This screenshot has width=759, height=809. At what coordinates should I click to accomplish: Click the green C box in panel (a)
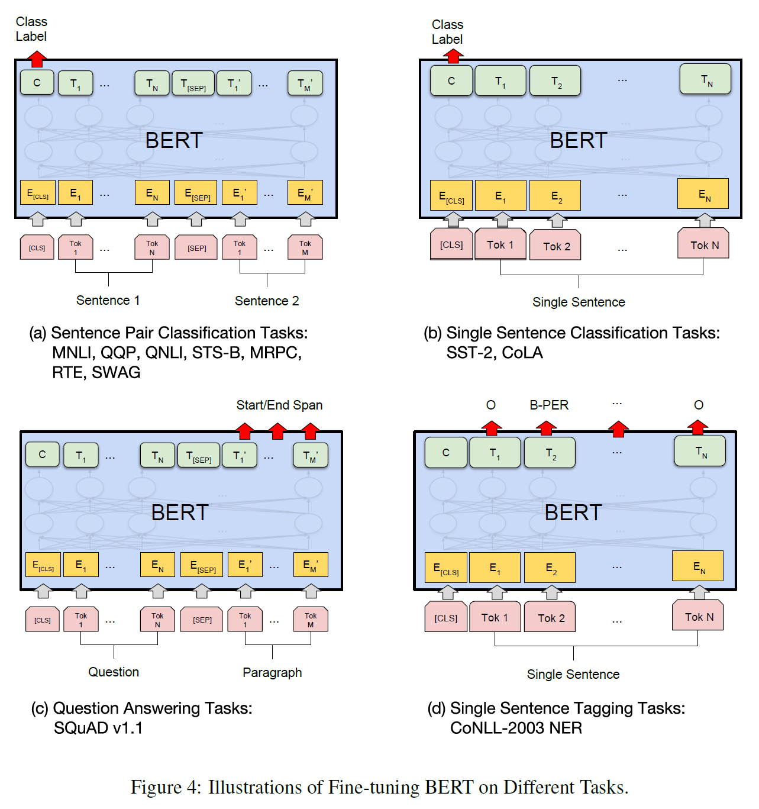pyautogui.click(x=37, y=83)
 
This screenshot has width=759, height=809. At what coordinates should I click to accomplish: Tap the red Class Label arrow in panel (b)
pyautogui.click(x=453, y=56)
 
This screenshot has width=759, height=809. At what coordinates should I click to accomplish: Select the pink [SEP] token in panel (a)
pyautogui.click(x=196, y=248)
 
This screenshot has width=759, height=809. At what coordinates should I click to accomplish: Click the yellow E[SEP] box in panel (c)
pyautogui.click(x=202, y=565)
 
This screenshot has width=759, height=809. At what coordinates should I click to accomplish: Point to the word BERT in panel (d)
pyautogui.click(x=573, y=513)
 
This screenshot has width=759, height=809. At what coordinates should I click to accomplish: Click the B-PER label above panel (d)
pyautogui.click(x=548, y=405)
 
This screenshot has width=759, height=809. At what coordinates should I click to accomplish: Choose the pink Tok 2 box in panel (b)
pyautogui.click(x=556, y=246)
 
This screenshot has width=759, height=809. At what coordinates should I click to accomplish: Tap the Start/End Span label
pyautogui.click(x=279, y=405)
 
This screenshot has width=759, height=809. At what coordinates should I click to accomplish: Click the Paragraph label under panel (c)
pyautogui.click(x=272, y=672)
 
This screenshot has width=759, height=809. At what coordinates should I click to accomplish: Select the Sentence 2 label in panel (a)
pyautogui.click(x=267, y=301)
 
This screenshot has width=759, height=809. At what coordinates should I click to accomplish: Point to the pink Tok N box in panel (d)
pyautogui.click(x=699, y=617)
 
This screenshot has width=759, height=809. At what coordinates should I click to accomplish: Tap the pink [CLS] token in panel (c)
pyautogui.click(x=43, y=620)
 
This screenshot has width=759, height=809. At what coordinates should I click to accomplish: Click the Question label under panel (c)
pyautogui.click(x=114, y=672)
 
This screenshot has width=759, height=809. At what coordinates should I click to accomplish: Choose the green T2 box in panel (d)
pyautogui.click(x=550, y=453)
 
